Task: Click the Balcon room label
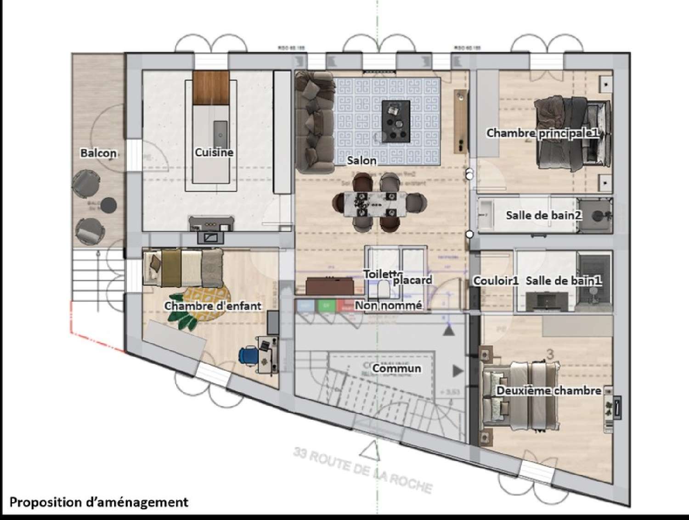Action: (98, 153)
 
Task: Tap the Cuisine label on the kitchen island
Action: (214, 152)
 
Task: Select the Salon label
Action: (361, 161)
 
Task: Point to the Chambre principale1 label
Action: (542, 133)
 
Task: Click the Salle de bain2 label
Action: (544, 215)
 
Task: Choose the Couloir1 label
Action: (496, 281)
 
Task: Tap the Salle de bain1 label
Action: (564, 281)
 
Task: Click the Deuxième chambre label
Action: (549, 391)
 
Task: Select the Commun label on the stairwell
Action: (396, 369)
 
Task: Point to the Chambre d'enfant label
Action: (213, 306)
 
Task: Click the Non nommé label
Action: (389, 305)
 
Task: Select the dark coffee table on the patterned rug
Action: (396, 120)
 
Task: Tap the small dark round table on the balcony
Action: (109, 205)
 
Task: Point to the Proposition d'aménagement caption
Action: (99, 502)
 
